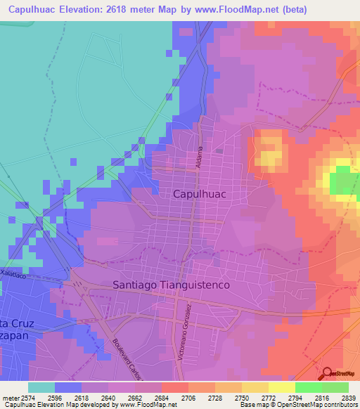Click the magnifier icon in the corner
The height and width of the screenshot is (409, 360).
point(328,373)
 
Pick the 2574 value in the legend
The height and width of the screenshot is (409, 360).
point(28,397)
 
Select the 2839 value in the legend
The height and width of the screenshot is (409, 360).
point(348,397)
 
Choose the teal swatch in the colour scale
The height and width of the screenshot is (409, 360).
point(41,387)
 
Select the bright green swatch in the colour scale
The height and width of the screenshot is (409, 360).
point(308,387)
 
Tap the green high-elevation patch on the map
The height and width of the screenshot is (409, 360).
point(343,181)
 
